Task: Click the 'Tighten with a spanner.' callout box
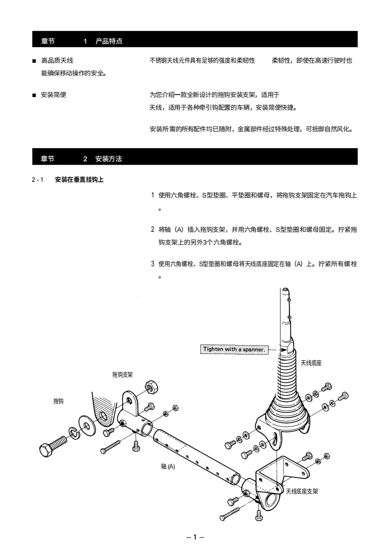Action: (234, 350)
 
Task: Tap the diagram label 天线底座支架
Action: (302, 491)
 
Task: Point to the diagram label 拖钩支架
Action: (122, 375)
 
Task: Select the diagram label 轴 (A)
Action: (168, 467)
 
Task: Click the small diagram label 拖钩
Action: (58, 401)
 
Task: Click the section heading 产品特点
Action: (109, 41)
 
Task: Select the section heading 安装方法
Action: (108, 159)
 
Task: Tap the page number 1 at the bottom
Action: (195, 537)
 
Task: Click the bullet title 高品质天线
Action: (57, 61)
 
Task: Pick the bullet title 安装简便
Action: (53, 95)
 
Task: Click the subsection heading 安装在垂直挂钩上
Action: (79, 180)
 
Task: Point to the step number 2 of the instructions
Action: (152, 229)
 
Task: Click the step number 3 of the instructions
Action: (152, 264)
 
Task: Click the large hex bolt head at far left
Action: (46, 449)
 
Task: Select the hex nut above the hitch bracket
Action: (150, 387)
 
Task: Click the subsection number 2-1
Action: (38, 180)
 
